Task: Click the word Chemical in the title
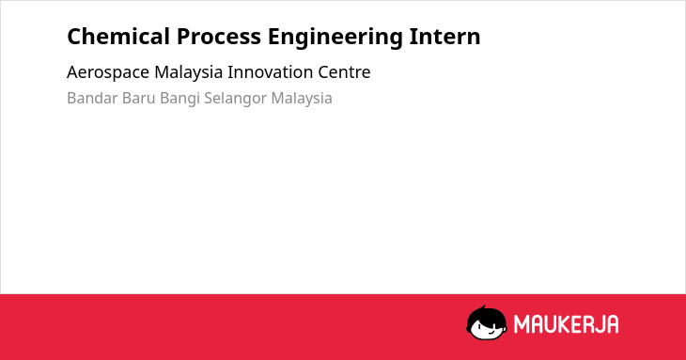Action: point(118,37)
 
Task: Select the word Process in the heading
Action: point(219,37)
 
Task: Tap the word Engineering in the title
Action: point(335,38)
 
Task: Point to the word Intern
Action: point(444,37)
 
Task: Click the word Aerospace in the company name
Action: point(108,72)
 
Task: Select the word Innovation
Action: point(270,71)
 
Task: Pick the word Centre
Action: point(344,71)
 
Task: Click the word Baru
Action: point(139,98)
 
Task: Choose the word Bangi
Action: point(179,99)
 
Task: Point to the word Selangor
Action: point(235,99)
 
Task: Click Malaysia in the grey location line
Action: point(302,99)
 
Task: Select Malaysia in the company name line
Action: point(189,72)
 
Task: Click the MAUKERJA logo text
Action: point(566,324)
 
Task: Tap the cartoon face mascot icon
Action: point(487,322)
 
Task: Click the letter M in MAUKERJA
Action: point(522,324)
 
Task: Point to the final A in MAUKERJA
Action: point(612,324)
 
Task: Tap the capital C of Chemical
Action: point(74,37)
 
